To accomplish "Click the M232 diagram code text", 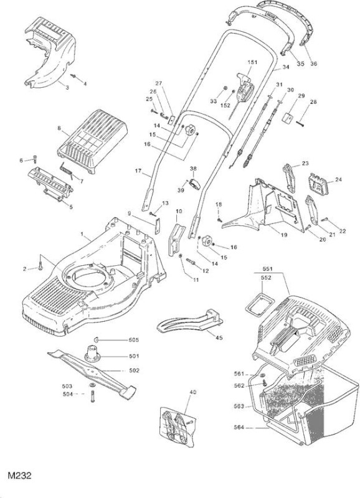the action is tap(20, 476).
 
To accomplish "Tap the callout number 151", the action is tap(252, 62).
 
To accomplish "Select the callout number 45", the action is tap(219, 337).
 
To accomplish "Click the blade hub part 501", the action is tap(92, 353).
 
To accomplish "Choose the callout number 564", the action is tap(239, 427).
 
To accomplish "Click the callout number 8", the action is tap(59, 128).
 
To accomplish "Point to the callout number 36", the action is tap(313, 63).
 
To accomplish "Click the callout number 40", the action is tap(192, 392).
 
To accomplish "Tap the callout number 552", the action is tap(266, 278).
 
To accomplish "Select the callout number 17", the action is tap(138, 171).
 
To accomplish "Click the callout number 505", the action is tap(134, 340).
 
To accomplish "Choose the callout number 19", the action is tap(284, 235).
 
